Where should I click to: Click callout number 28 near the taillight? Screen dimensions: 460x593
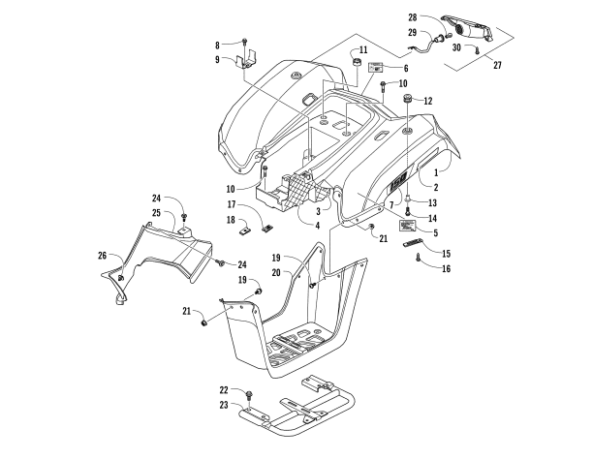(x=412, y=17)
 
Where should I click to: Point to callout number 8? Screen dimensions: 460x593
(x=218, y=44)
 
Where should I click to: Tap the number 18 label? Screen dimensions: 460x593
(x=232, y=220)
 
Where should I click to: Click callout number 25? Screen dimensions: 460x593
(x=155, y=212)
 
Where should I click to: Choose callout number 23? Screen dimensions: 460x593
(x=225, y=407)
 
